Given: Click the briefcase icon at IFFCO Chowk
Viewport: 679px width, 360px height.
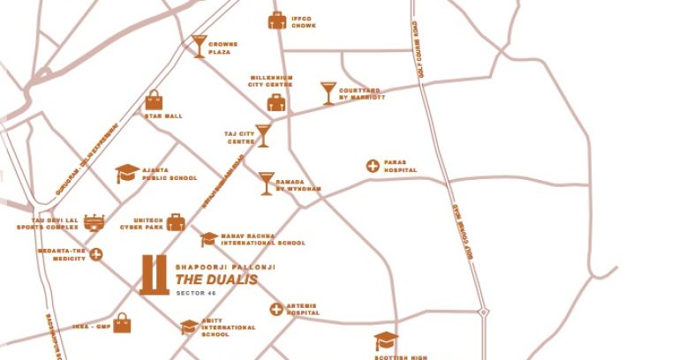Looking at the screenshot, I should point(277,20).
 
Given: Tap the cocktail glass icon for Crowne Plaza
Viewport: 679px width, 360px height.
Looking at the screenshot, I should point(200,47).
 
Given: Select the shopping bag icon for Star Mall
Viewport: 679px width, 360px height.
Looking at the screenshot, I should point(155,101).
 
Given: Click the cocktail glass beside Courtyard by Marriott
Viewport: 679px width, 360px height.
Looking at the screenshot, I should point(328,93).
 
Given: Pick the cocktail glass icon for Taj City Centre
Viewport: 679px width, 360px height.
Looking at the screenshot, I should point(262,135).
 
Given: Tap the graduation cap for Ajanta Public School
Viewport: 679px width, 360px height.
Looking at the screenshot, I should point(127,173).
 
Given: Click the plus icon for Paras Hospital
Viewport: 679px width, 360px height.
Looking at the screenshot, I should point(373,166).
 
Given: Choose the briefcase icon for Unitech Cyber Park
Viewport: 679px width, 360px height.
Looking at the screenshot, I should point(177,221).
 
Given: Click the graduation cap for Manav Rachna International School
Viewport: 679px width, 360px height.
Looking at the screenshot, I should point(208,238).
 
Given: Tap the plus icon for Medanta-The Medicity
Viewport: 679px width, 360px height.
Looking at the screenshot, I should point(96,255).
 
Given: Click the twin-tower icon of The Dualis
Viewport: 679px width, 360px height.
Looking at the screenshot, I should point(154,274).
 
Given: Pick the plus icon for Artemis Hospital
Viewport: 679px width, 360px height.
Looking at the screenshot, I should point(276,309).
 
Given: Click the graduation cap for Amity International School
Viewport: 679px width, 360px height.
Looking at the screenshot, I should point(189,326).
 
